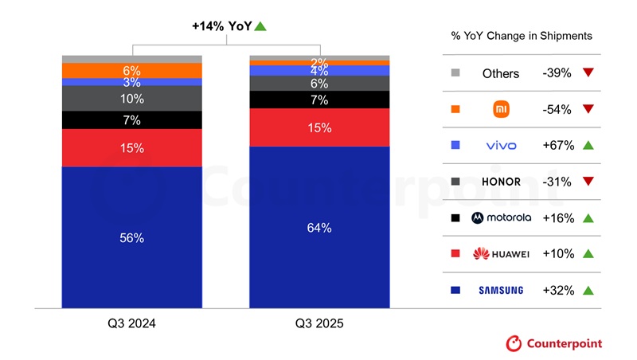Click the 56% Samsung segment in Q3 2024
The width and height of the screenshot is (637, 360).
(131, 237)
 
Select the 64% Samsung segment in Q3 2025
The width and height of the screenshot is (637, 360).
(319, 228)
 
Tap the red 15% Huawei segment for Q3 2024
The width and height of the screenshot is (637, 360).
(131, 147)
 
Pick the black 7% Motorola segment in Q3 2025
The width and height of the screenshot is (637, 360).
(319, 100)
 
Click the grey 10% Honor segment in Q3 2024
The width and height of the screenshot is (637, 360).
(131, 98)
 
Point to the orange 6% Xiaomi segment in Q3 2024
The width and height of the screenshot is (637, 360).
(131, 70)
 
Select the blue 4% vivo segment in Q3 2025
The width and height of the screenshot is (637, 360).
(319, 71)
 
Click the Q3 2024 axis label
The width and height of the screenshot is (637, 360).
(132, 324)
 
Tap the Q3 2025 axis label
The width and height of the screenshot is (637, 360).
(319, 324)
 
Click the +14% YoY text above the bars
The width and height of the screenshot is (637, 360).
(221, 26)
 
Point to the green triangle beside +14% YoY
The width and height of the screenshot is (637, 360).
(260, 26)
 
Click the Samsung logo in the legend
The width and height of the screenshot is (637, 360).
(500, 290)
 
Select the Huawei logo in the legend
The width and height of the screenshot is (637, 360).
(500, 254)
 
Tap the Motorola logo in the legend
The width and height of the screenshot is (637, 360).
(500, 217)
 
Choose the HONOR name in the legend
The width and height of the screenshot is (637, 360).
(500, 182)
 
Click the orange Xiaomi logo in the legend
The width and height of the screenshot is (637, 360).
(501, 109)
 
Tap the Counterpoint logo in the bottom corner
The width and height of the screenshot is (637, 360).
(554, 343)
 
